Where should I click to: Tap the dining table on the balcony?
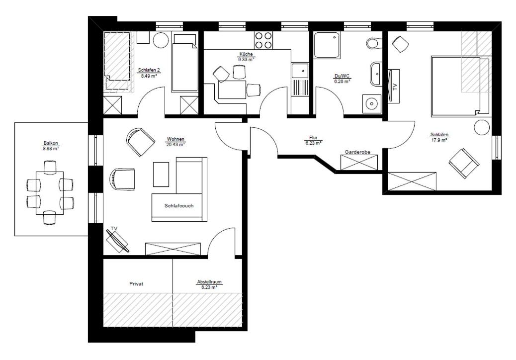[x=50, y=193]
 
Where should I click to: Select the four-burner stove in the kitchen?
[x=263, y=40]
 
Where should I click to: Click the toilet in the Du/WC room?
[x=374, y=43]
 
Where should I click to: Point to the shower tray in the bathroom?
[x=327, y=45]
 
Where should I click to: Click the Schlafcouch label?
[x=179, y=206]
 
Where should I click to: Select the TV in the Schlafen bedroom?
[x=394, y=87]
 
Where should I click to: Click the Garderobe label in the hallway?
[x=357, y=152]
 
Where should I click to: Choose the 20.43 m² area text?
[x=175, y=144]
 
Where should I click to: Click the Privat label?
[x=136, y=283]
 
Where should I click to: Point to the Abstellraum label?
[x=209, y=282]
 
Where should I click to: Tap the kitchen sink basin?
[x=300, y=71]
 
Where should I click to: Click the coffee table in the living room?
[x=161, y=175]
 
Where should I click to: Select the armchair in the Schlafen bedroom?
[x=464, y=164]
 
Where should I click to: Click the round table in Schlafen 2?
[x=161, y=40]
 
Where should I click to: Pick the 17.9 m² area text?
[x=439, y=140]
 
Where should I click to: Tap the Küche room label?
[x=246, y=54]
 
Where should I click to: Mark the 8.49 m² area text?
[x=149, y=76]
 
